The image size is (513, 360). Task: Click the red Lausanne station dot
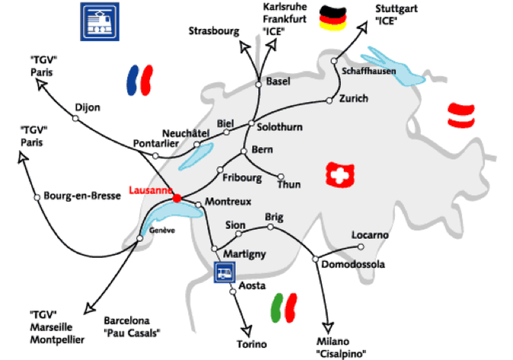coord(177,199)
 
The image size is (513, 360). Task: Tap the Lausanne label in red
coord(150,190)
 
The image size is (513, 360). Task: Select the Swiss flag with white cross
coord(339,174)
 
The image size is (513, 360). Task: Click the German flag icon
coord(333,17)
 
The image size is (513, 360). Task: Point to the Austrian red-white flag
coord(462,113)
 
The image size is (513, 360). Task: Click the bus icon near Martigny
coord(223,273)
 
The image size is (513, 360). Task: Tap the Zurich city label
coord(355,98)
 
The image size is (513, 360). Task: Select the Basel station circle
coord(258,83)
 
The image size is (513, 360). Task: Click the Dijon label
coord(88,107)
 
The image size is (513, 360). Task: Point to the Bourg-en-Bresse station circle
coord(37,196)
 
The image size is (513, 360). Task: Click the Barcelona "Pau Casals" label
coord(131,326)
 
